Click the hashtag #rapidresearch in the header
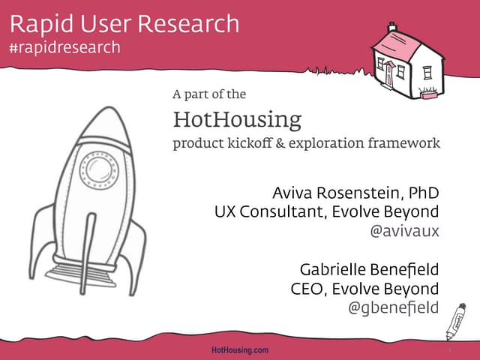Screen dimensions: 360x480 (x=64, y=47)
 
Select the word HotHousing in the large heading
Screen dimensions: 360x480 (x=237, y=119)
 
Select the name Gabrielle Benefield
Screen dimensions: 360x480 (x=369, y=268)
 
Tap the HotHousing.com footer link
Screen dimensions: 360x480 (x=240, y=350)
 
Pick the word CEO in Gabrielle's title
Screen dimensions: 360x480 (x=307, y=288)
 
